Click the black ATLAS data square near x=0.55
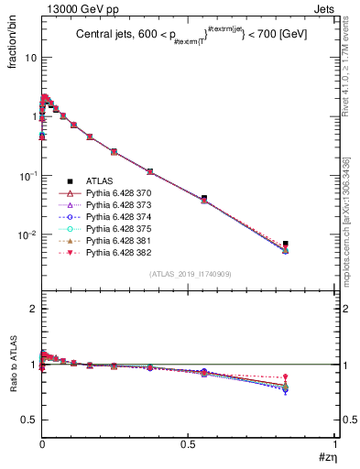tap(204, 198)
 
